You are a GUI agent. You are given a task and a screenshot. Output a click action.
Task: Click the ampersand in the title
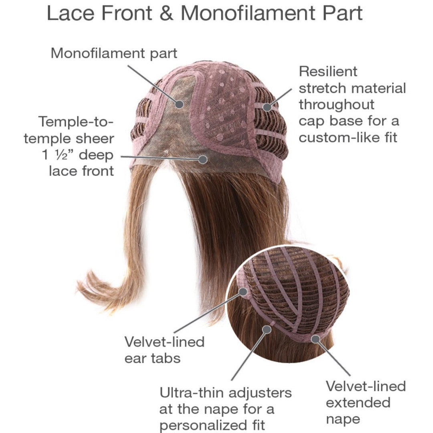click(x=166, y=13)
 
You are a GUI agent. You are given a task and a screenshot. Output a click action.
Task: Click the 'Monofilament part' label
click(x=114, y=53)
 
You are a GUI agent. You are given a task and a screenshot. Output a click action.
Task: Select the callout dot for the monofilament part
click(x=180, y=104)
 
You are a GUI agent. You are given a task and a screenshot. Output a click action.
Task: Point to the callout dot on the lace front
click(x=203, y=159)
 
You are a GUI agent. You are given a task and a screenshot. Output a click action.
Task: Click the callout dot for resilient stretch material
click(x=267, y=107)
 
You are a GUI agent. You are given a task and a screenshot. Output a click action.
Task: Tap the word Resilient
click(x=328, y=71)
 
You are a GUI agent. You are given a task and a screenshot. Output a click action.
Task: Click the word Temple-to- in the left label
click(x=76, y=122)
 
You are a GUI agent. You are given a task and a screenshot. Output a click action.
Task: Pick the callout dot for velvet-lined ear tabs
click(x=243, y=291)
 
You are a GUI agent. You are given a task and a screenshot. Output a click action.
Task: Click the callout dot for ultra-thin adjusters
click(x=267, y=329)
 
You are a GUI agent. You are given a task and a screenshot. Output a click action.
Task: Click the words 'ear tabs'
click(x=152, y=358)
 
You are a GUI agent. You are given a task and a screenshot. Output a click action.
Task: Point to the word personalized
click(x=201, y=425)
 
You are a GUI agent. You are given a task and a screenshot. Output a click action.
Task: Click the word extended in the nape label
click(x=358, y=403)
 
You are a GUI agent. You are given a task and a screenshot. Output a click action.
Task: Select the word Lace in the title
click(x=70, y=13)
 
